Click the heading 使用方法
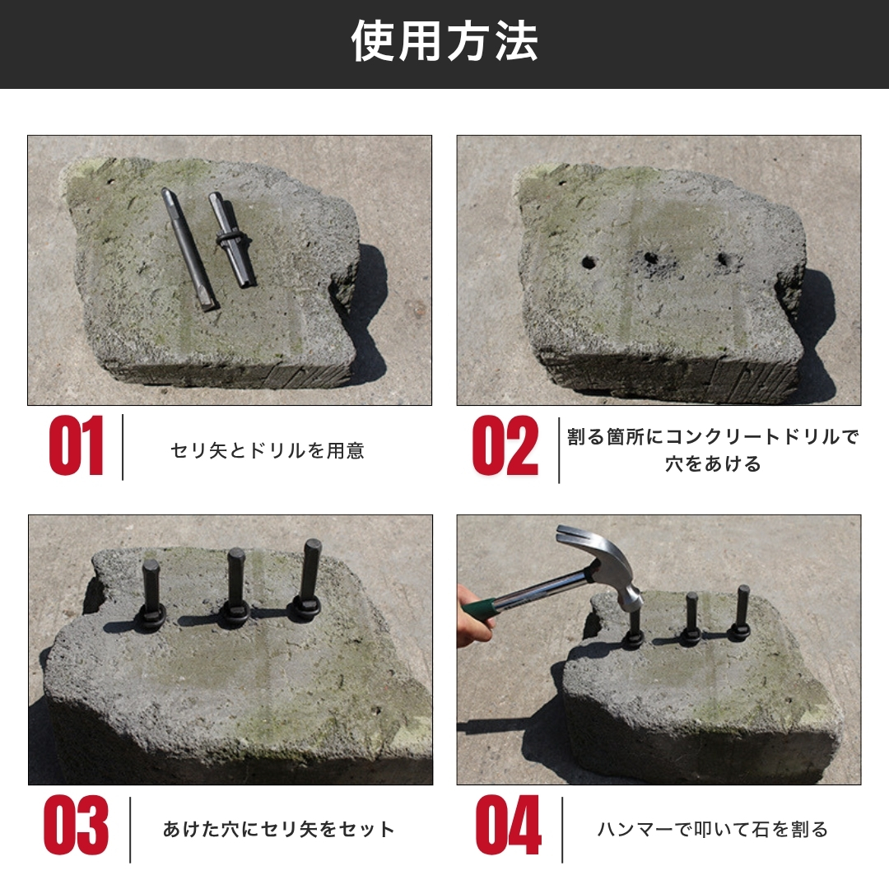click(444, 41)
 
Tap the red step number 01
click(76, 445)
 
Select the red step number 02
click(505, 445)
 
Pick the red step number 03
click(76, 825)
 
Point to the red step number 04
click(508, 825)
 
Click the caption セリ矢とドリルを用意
click(267, 451)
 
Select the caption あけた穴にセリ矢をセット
click(278, 830)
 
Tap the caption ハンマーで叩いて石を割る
click(713, 830)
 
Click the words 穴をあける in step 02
click(713, 463)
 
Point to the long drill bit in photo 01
click(189, 249)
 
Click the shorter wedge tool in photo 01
click(231, 240)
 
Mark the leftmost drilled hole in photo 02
click(589, 263)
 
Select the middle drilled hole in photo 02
click(650, 258)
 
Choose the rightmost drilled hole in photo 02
click(724, 260)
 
